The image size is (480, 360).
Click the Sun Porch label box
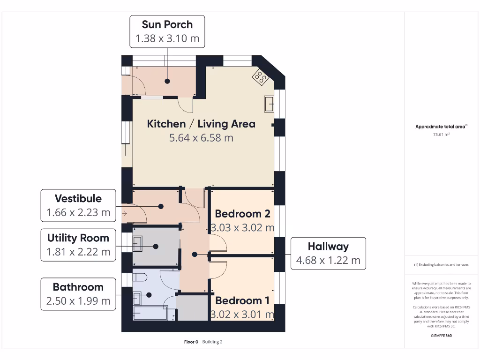tap(167, 31)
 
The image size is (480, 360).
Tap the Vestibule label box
tap(78, 205)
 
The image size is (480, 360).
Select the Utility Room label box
tap(78, 245)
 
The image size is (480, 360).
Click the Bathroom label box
tap(78, 294)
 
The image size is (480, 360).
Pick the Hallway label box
tap(328, 253)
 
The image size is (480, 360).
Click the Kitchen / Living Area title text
tap(201, 124)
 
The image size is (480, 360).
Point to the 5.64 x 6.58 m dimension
tap(201, 138)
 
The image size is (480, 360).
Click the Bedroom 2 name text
tap(242, 214)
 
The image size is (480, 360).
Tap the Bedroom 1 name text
tap(242, 301)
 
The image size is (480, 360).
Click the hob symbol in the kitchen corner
tap(260, 77)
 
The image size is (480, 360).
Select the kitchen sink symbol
tap(270, 104)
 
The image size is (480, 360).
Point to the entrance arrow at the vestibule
tap(125, 214)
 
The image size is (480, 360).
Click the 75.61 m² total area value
tap(441, 135)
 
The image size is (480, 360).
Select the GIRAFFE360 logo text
tap(441, 336)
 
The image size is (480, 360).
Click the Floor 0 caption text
tap(191, 342)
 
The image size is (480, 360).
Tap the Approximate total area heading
tap(441, 127)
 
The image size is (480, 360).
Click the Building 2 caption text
tap(212, 342)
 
